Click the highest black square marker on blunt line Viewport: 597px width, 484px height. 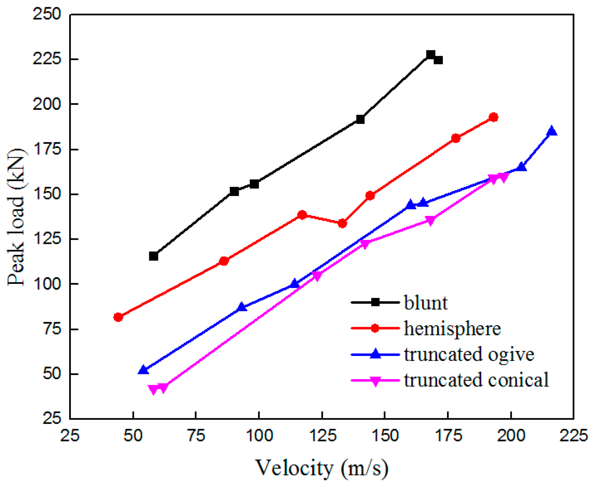tap(431, 55)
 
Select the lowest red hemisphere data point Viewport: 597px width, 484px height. tap(118, 317)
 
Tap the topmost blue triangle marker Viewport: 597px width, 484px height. tap(551, 131)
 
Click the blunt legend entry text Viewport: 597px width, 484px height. tap(425, 303)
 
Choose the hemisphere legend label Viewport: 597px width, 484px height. tap(452, 328)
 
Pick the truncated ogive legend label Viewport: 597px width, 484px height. tap(469, 354)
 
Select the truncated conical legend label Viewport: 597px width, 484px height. tap(476, 380)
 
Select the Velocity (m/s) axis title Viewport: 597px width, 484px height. tap(322, 468)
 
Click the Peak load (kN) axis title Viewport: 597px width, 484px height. tap(16, 216)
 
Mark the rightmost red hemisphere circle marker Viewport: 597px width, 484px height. tap(493, 117)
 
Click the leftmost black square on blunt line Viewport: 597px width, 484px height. tap(153, 256)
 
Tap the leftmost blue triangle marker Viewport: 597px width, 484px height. tap(143, 370)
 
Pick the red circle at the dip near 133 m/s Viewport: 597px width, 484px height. tap(342, 224)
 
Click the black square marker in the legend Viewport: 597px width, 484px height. tap(375, 302)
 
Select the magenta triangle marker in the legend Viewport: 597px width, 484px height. tap(375, 381)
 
